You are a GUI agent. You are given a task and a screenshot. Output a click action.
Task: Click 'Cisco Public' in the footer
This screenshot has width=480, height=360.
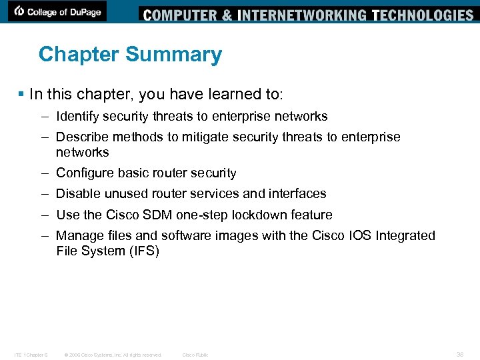pyautogui.click(x=195, y=355)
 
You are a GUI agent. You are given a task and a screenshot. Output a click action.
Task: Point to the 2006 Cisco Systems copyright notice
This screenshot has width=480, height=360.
pyautogui.click(x=112, y=355)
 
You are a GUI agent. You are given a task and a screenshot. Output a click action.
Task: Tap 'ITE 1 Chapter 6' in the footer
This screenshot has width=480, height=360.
pyautogui.click(x=30, y=355)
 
